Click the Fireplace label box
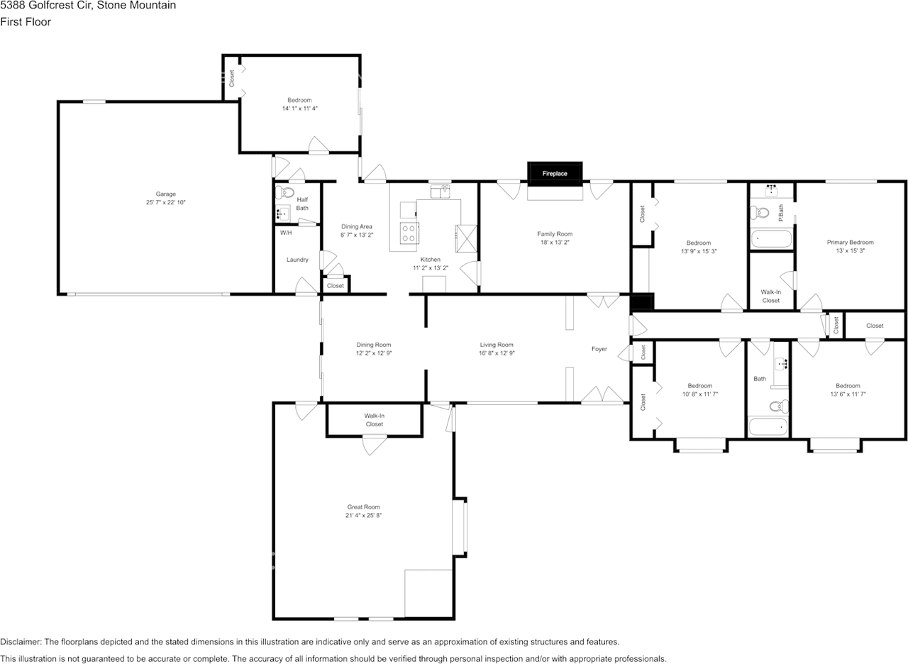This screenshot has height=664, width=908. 555,173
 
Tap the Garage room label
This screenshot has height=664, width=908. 166,194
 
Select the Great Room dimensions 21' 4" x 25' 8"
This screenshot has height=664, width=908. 363,516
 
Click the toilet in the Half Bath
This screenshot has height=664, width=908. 287,192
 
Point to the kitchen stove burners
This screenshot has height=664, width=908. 409,233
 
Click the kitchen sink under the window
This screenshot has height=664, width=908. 440,192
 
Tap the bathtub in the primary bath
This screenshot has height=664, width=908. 771,239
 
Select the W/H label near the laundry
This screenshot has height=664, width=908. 286,233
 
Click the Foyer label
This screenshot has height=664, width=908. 599,349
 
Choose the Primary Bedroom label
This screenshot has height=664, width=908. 850,242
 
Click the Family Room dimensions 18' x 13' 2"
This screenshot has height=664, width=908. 555,242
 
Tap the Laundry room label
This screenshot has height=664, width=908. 297,260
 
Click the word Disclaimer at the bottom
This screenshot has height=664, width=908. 21,641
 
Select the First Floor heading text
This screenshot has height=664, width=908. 26,22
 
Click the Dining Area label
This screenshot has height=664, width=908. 357,226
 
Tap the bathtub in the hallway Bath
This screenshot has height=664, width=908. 768,427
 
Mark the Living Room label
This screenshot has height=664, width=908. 496,345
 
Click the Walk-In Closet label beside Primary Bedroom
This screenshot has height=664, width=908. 771,296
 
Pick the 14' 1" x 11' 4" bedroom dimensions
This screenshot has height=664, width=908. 299,109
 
